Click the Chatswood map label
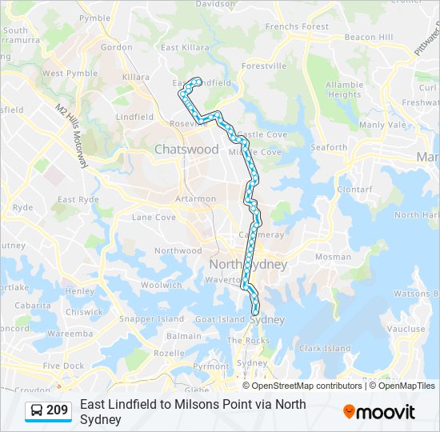[x=186, y=150]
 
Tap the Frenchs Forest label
[x=297, y=26]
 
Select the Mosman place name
[x=333, y=257]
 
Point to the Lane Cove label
[x=154, y=217]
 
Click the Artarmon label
[x=196, y=198]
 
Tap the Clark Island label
[x=325, y=349]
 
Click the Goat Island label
[x=219, y=319]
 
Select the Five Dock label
[x=63, y=366]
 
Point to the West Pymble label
[x=64, y=74]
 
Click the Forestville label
[x=264, y=66]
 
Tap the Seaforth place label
[x=329, y=147]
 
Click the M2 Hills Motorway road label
[x=71, y=135]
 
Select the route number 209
[x=57, y=410]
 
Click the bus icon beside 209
[x=37, y=411]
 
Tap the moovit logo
[x=379, y=412]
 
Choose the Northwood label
[x=178, y=250]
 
